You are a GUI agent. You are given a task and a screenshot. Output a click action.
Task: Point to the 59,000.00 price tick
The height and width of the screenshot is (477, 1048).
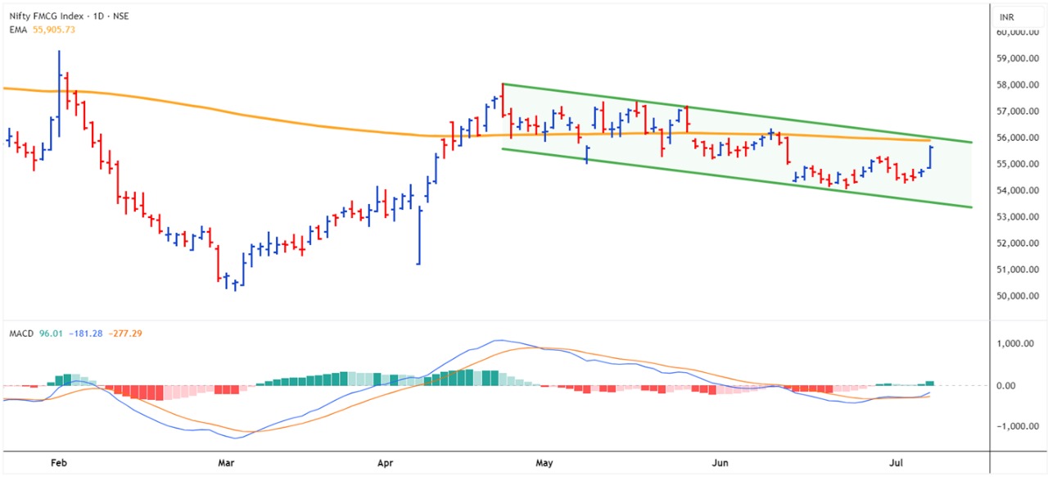tap(1018, 59)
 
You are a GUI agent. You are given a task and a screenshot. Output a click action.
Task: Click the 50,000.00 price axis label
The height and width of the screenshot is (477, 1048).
tap(1018, 296)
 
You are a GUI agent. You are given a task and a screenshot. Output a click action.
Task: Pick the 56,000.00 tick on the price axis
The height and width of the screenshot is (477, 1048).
tap(1018, 138)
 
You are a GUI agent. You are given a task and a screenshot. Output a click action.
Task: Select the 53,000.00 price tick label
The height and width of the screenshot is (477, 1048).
tap(1018, 217)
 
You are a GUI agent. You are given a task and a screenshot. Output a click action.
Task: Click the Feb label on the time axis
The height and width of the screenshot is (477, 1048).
tap(58, 463)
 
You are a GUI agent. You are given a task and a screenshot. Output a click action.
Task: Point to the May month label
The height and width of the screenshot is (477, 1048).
tap(544, 463)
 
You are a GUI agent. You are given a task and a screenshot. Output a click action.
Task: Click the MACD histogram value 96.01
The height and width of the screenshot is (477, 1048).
tap(50, 334)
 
